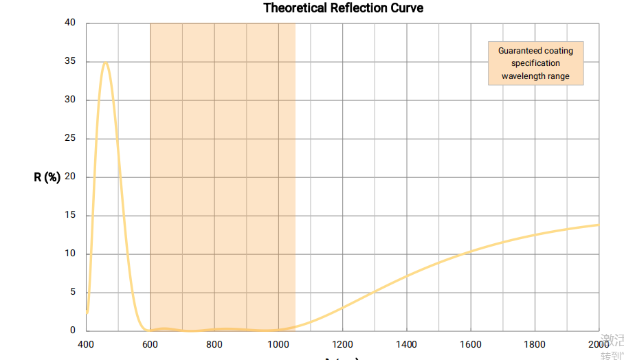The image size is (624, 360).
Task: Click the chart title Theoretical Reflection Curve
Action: [343, 8]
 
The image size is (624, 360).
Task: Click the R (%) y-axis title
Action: [47, 177]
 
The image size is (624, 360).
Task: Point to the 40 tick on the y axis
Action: [70, 23]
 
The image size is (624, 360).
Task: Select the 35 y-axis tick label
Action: [70, 62]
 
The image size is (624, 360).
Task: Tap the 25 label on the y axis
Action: [70, 139]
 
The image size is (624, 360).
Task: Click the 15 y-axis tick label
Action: [70, 216]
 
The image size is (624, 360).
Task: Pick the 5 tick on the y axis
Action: [73, 292]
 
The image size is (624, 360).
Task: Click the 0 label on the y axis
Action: [73, 330]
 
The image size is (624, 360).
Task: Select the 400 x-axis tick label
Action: [86, 344]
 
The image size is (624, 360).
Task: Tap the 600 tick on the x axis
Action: [150, 344]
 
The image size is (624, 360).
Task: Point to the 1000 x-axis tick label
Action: [278, 344]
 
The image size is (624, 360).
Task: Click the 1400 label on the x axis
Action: [407, 344]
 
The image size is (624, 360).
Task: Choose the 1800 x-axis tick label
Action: [535, 344]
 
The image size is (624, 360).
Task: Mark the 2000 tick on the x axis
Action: [599, 344]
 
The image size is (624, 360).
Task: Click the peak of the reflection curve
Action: [105, 63]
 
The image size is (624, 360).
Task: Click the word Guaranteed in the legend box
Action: [520, 51]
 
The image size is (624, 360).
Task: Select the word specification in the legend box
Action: [535, 63]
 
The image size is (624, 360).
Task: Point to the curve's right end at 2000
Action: [599, 225]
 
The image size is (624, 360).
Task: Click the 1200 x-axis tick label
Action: [342, 344]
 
